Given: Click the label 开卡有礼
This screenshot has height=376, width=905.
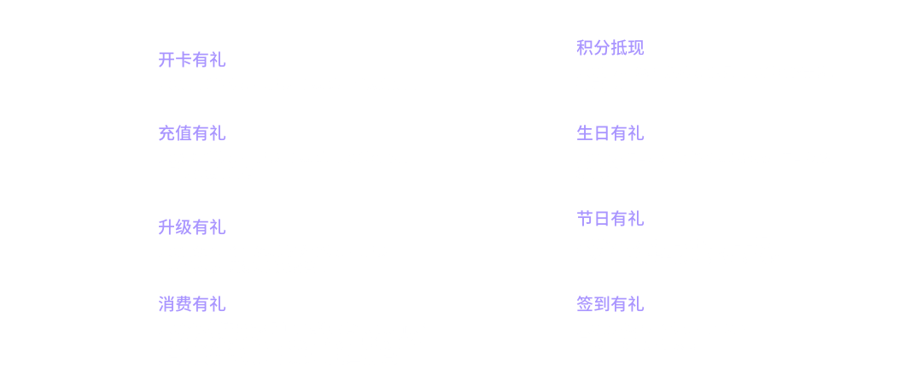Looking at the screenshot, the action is click(x=191, y=60).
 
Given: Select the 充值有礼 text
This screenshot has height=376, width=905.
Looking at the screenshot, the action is click(x=191, y=133).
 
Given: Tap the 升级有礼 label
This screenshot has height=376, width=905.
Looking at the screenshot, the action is click(x=191, y=227).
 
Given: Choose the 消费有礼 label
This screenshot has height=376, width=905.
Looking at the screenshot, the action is click(x=191, y=304).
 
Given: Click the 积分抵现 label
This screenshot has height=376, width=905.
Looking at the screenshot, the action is click(x=610, y=47).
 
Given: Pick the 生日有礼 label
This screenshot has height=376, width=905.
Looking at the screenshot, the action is click(x=610, y=133).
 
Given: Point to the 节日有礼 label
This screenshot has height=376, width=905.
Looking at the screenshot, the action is click(x=610, y=218).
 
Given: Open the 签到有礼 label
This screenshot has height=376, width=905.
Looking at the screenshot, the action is click(x=610, y=304).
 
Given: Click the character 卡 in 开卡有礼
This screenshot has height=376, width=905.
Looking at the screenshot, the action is click(x=184, y=60).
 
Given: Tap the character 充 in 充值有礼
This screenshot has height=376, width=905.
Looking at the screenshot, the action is click(x=166, y=133).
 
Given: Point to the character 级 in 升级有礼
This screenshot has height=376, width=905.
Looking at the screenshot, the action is click(x=184, y=227).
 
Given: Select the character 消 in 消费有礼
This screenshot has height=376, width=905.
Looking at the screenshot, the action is click(x=166, y=304).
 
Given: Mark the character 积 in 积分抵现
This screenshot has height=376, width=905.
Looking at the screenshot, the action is click(x=585, y=47).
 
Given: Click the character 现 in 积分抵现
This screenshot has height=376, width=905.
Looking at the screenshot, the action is click(x=635, y=47).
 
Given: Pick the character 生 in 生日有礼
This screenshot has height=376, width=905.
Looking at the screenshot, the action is click(x=585, y=133).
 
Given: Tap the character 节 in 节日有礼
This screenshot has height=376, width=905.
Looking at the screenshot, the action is click(x=585, y=218).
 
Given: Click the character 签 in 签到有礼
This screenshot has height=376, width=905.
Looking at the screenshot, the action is click(x=585, y=304).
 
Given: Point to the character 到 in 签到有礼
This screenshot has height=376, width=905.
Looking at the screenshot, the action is click(x=602, y=304).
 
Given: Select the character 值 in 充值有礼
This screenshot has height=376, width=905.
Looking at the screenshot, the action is click(x=184, y=133).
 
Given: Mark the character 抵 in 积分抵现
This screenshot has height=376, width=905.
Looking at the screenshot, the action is click(x=619, y=47).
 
